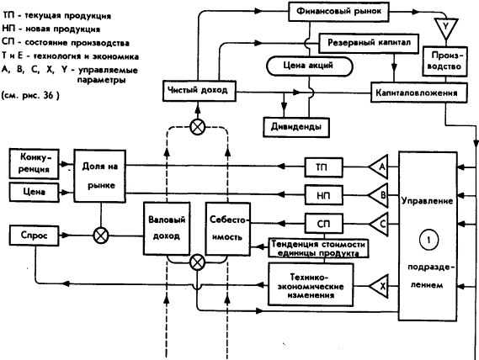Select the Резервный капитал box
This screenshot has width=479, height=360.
(x=362, y=41)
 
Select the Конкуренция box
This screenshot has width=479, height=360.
(x=32, y=161)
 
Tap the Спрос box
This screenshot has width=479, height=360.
(x=31, y=236)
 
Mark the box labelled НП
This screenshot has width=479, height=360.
(x=322, y=196)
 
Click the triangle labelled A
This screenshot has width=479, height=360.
(x=380, y=166)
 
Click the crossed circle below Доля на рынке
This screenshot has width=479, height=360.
(x=100, y=235)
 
